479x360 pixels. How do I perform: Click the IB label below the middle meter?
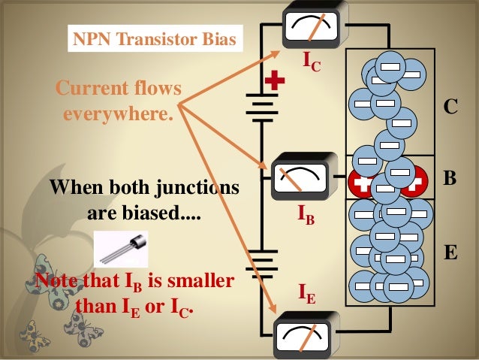click(306, 217)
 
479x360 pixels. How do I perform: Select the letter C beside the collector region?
click(450, 107)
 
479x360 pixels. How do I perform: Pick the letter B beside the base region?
click(450, 179)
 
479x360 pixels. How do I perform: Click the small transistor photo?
click(121, 250)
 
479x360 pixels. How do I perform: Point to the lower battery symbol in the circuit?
click(261, 263)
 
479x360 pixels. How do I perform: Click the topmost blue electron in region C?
click(390, 65)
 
